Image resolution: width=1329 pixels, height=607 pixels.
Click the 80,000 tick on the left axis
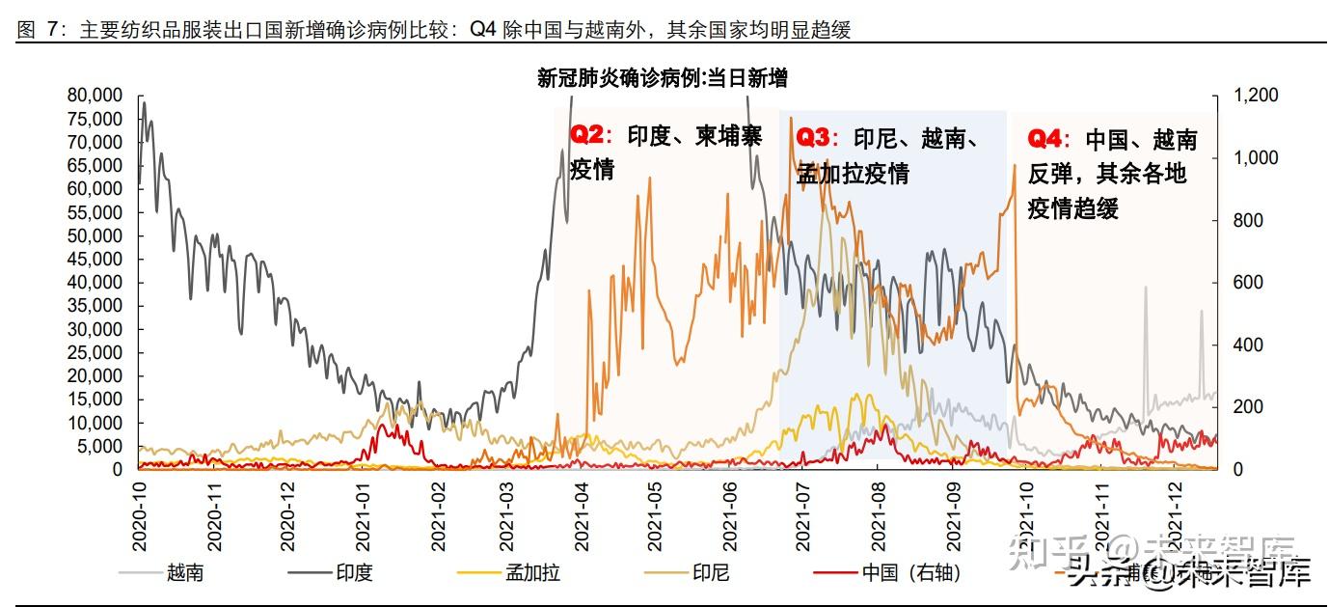tap(95, 96)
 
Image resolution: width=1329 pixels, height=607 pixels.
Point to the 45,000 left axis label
tap(95, 260)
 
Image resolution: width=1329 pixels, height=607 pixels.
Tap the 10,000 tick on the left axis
tap(95, 423)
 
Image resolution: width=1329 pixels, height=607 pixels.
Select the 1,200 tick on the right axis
tap(1255, 96)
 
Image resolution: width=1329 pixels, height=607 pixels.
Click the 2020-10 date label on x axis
tap(142, 516)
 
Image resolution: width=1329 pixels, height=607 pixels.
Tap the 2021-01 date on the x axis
tap(365, 516)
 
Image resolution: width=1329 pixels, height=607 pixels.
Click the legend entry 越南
tap(184, 573)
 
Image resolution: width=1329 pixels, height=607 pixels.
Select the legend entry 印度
tap(353, 573)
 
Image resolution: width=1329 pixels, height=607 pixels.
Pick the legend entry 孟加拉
tap(532, 573)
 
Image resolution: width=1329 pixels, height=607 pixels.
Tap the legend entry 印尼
tap(710, 573)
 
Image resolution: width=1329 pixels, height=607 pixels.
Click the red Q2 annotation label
tap(586, 136)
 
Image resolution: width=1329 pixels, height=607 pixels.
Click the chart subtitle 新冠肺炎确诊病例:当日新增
tap(663, 78)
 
